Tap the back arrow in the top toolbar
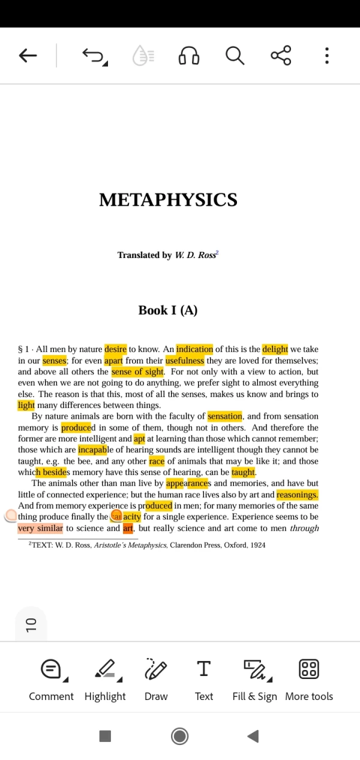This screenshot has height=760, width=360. point(28,56)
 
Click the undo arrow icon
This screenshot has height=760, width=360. point(94,56)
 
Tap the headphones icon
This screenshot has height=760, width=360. point(188,56)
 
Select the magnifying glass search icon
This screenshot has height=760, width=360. point(235,56)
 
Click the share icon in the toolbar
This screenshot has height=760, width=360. point(281,56)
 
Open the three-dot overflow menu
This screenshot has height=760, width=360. point(326,56)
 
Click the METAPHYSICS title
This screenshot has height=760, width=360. point(168,200)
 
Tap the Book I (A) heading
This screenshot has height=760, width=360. point(168,310)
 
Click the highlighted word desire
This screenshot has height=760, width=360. point(115,349)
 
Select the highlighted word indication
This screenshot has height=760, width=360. point(194,349)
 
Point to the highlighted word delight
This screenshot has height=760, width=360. point(275,349)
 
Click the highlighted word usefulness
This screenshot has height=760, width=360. point(185,361)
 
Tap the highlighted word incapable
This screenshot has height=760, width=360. point(92,450)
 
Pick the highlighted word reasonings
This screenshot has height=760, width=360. point(297,495)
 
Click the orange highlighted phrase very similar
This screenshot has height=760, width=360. point(40,528)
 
